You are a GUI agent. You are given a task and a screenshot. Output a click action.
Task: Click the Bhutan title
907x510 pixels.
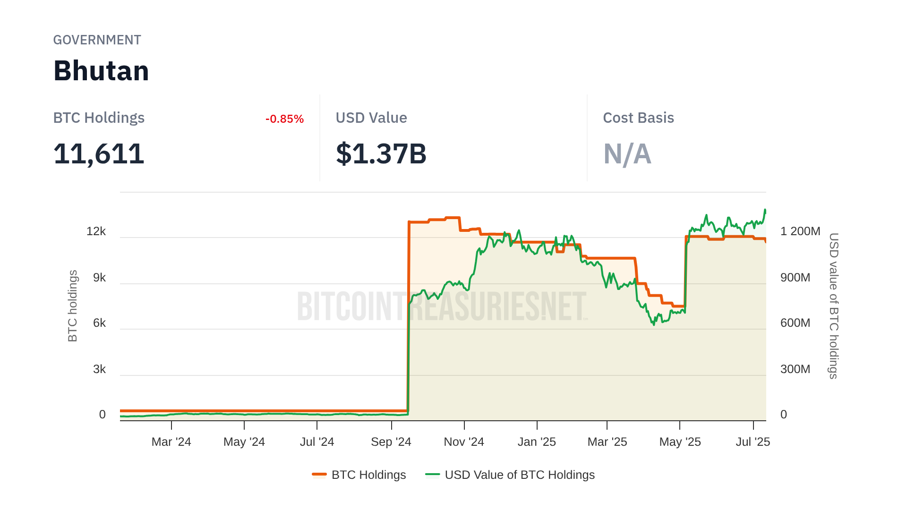point(101,71)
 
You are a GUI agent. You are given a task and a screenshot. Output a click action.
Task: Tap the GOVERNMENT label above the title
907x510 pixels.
point(97,40)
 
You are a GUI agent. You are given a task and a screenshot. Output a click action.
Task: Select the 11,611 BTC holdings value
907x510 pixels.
point(99,154)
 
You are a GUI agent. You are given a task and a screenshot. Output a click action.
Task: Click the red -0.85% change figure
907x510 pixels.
point(284,119)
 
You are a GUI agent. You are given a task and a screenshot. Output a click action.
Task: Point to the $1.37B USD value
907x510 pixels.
point(381,154)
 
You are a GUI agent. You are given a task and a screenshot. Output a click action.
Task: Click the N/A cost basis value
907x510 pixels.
point(627,154)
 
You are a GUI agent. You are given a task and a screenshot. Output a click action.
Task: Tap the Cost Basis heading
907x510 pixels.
point(638,118)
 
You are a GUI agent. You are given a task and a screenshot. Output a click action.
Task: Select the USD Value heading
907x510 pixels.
point(371,118)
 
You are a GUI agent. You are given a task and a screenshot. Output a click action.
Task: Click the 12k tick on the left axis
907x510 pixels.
point(96,231)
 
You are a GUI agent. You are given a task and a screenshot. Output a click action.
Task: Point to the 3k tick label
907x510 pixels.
point(99,369)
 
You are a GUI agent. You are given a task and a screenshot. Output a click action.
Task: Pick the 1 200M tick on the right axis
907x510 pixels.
point(800,231)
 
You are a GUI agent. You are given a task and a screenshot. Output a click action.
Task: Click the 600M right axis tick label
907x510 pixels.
point(795,323)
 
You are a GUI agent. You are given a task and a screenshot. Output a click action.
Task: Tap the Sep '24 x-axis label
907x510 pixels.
point(391,442)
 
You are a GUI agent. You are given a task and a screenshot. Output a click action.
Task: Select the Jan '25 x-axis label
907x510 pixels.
point(537,442)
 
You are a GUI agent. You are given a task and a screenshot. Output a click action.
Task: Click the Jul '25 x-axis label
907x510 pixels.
point(753,442)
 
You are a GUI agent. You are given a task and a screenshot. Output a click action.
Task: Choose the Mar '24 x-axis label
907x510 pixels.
point(171,442)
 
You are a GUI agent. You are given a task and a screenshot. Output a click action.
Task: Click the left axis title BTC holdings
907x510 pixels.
point(73,306)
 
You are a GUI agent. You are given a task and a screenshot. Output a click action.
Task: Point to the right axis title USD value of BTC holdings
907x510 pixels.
point(834,306)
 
